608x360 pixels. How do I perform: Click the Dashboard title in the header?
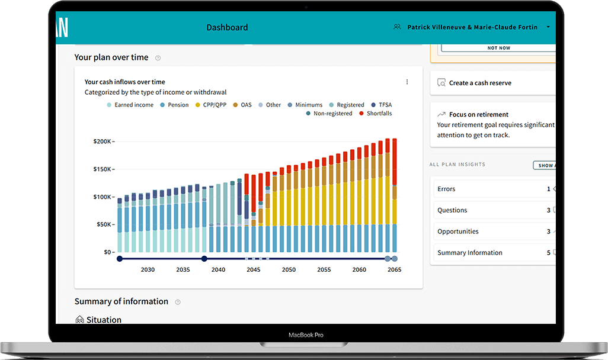(x=227, y=27)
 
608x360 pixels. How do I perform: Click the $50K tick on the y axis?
(x=103, y=224)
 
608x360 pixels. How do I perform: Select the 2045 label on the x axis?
(x=253, y=270)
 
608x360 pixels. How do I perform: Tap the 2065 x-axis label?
(x=394, y=270)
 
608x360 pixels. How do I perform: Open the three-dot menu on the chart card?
(x=407, y=82)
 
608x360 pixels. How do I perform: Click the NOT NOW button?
(x=498, y=48)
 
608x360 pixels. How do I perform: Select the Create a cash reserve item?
(x=480, y=83)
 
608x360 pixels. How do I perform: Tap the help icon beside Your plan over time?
(x=158, y=58)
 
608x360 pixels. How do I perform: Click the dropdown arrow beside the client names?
(x=548, y=27)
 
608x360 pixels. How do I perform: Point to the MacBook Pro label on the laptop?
(x=306, y=335)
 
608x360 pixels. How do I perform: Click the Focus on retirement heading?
(x=479, y=114)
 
